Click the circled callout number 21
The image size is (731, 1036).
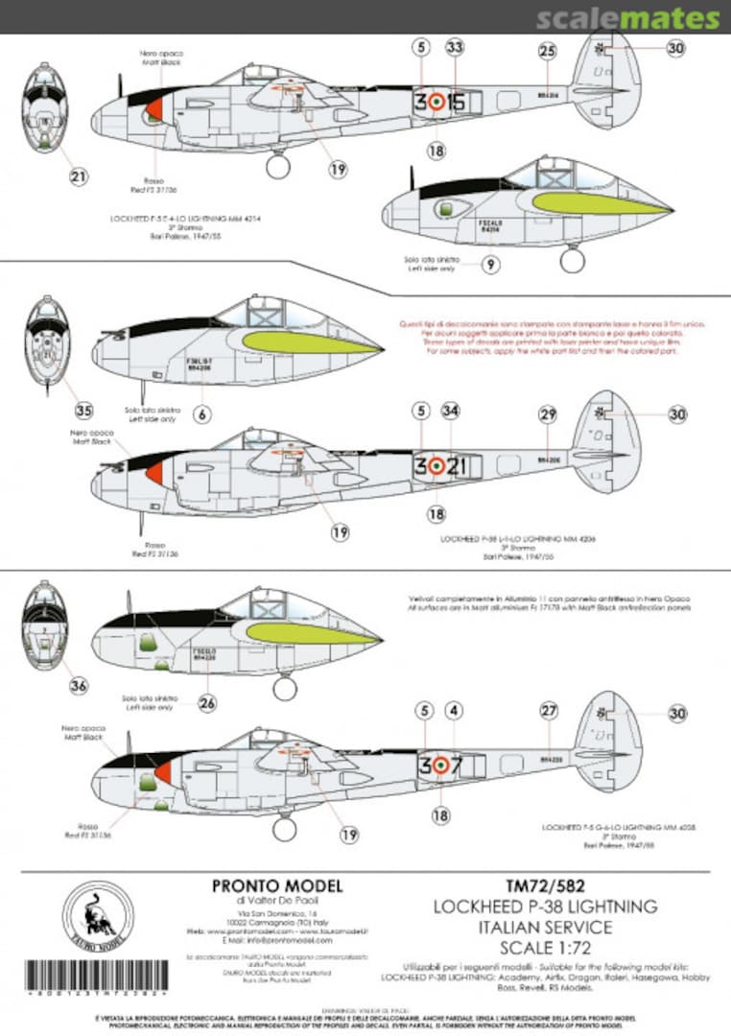(79, 176)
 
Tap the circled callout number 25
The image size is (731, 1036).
(547, 51)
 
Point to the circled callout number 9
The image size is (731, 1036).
(490, 265)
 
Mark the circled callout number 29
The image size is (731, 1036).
(548, 414)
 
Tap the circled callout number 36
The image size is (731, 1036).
(79, 685)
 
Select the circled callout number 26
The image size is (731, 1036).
(208, 703)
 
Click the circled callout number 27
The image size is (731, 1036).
(549, 711)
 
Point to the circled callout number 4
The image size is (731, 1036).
(455, 712)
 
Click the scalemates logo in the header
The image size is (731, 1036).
(627, 18)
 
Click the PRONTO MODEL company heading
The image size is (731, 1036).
(277, 887)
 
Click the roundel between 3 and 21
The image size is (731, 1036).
(436, 466)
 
